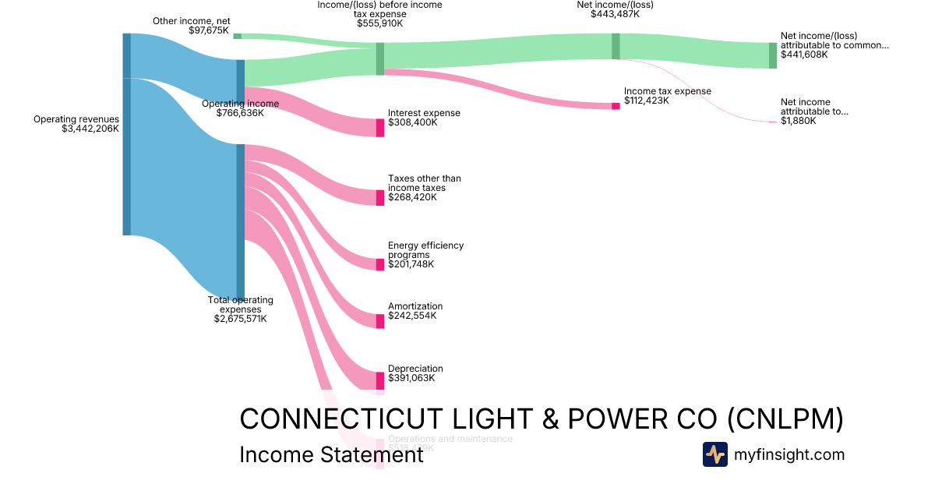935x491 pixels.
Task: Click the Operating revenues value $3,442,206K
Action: [90, 129]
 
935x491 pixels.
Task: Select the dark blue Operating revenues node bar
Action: [126, 134]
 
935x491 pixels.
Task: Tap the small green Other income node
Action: [237, 36]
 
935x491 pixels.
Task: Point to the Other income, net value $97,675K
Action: [209, 30]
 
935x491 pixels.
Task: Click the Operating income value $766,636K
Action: [240, 113]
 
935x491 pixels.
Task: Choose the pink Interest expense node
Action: [380, 128]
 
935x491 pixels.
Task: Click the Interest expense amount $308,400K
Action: [412, 123]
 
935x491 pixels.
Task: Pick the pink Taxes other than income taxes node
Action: [380, 197]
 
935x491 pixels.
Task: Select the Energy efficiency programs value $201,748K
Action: [411, 264]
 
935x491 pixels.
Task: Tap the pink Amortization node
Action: [380, 321]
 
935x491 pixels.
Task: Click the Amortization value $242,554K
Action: [412, 316]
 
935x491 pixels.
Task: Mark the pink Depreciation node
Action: [380, 380]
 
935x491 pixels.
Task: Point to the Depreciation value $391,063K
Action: [412, 378]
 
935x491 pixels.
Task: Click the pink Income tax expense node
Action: [616, 106]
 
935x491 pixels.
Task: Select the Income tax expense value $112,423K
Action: [646, 101]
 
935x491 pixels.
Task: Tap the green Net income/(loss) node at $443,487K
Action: [616, 46]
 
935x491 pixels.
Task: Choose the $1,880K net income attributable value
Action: [798, 121]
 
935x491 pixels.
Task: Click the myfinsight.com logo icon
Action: [714, 454]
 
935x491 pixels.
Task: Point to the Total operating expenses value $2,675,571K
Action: [240, 319]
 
